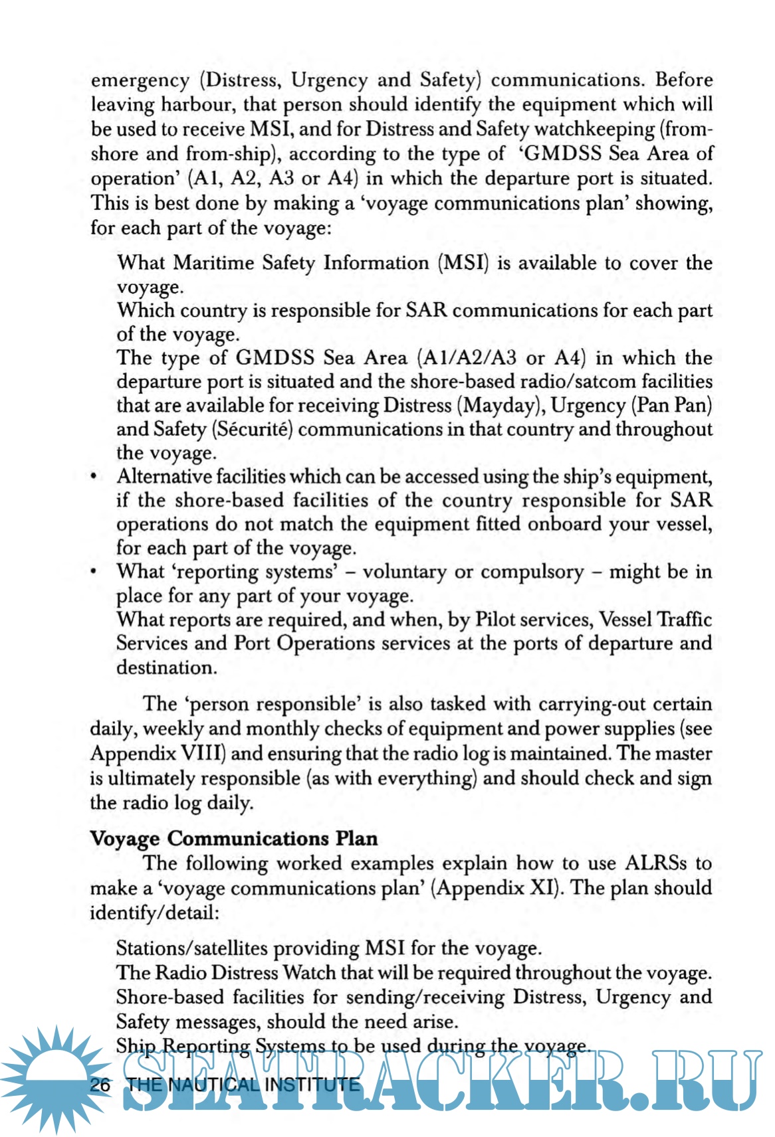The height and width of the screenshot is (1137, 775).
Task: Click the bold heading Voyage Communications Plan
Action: tap(234, 838)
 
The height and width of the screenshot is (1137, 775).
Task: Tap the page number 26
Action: tap(100, 1085)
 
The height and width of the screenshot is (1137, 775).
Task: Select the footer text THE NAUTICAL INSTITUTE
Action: tap(243, 1085)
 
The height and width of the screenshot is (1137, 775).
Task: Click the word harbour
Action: tap(196, 104)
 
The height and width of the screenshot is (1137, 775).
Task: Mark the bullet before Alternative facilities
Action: tap(95, 478)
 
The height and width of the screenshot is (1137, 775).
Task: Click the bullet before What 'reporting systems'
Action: tap(95, 572)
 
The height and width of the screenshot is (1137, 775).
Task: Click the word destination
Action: tap(166, 667)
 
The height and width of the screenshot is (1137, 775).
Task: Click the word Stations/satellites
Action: tap(193, 948)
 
